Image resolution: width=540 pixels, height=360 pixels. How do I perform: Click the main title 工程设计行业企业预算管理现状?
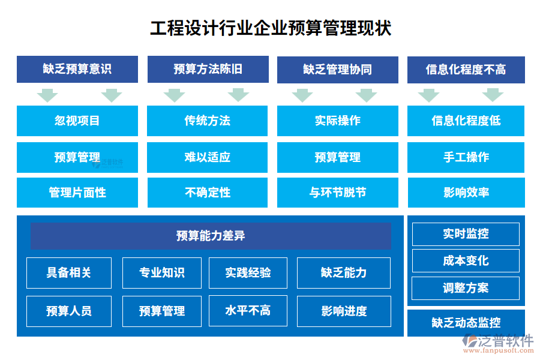pos(271,28)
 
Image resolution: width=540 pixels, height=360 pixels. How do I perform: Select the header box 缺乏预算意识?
pos(77,69)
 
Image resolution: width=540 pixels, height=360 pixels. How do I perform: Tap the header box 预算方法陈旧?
pos(208,69)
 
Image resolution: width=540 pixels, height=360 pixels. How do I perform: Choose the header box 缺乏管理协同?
pos(337,70)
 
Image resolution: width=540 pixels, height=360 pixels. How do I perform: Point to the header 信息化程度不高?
pos(466,70)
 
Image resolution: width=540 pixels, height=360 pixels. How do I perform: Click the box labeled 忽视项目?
pos(77,121)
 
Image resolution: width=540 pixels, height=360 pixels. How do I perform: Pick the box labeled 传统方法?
pos(208,121)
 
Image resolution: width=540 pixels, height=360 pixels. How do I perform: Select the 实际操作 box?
pos(337,121)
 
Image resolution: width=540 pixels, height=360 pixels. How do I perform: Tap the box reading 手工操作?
pos(466,157)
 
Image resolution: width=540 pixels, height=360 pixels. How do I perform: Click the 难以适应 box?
pos(208,157)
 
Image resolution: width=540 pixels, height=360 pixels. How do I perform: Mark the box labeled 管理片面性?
pos(77,193)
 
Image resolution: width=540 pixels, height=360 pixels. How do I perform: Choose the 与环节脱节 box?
pos(337,193)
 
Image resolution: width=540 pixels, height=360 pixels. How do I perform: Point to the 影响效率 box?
pos(466,193)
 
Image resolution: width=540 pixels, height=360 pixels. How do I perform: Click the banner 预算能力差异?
pos(211,236)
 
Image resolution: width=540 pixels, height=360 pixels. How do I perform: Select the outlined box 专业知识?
pos(162,273)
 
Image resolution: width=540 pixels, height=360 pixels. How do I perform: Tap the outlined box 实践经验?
pos(248,273)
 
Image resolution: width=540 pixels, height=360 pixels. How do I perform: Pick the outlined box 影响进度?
pos(344,311)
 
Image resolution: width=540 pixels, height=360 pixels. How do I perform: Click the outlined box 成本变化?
pos(466,261)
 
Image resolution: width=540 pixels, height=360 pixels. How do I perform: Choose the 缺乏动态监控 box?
pos(466,323)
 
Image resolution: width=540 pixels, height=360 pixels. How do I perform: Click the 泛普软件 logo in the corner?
pos(498,343)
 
